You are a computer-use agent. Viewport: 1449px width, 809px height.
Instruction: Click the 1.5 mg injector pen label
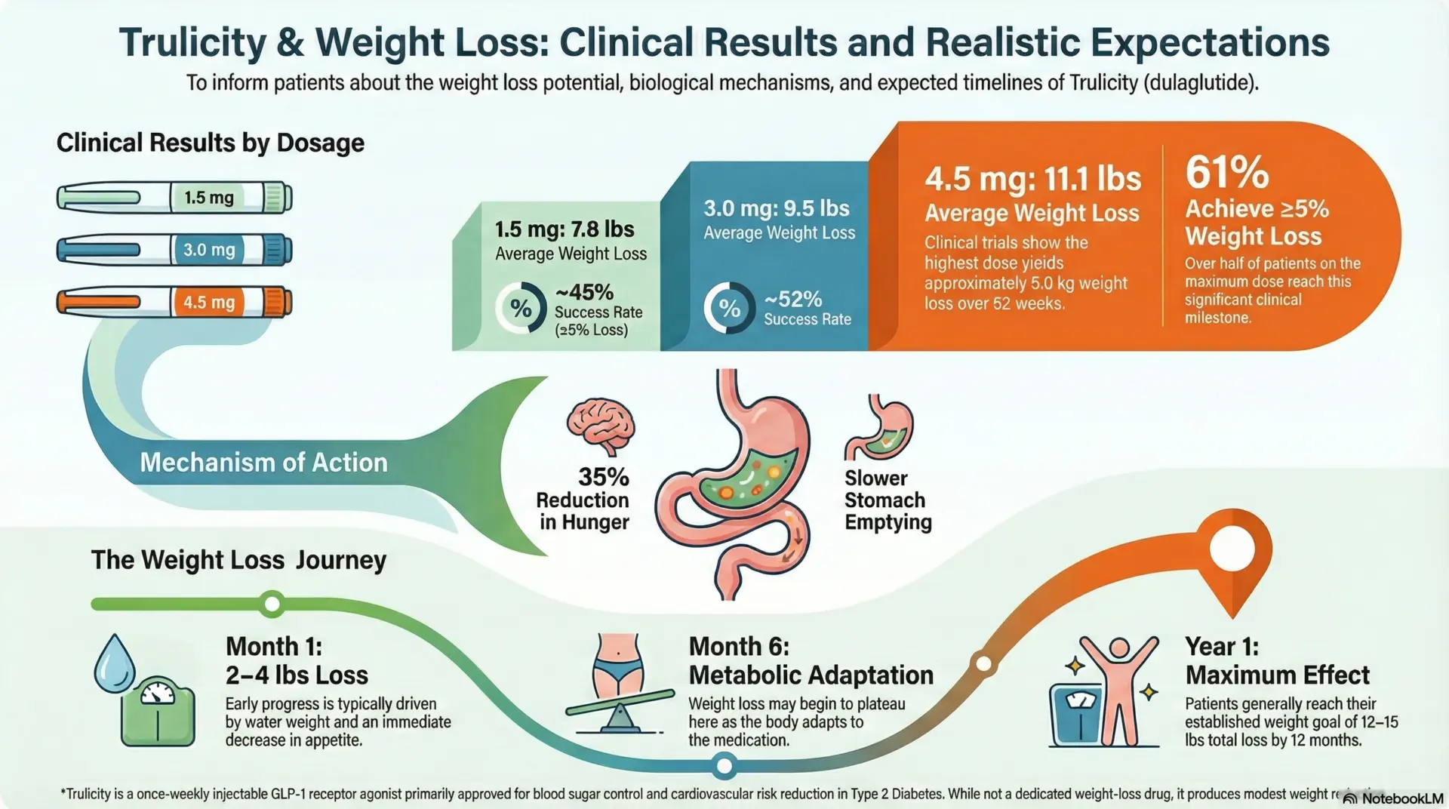[x=208, y=198]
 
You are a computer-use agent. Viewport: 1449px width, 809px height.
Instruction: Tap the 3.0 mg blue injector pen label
[x=208, y=250]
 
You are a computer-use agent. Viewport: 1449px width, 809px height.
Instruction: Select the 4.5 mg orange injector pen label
[x=208, y=303]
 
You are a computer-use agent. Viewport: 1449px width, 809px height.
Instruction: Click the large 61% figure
[x=1226, y=172]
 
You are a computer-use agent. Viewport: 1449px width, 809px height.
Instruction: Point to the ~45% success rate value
[x=584, y=292]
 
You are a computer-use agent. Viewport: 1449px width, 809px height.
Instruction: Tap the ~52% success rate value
[x=792, y=300]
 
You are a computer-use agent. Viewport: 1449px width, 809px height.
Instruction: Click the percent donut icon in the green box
[x=521, y=308]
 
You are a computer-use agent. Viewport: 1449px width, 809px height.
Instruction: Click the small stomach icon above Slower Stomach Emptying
[x=881, y=428]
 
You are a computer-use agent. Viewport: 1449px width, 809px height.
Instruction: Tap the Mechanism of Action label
[x=263, y=463]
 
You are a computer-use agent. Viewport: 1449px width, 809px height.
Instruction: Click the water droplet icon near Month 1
[x=114, y=663]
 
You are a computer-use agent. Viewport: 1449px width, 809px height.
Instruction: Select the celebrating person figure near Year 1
[x=1118, y=688]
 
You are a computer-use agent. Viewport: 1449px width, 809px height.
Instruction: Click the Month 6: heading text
[x=738, y=647]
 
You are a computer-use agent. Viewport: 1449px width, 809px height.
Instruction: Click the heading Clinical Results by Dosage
[x=210, y=143]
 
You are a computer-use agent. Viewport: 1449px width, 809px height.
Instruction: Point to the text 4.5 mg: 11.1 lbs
[x=1032, y=180]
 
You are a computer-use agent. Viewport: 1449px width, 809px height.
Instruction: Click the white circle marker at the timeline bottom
[x=724, y=767]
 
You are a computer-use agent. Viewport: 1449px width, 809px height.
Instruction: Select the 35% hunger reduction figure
[x=603, y=477]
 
